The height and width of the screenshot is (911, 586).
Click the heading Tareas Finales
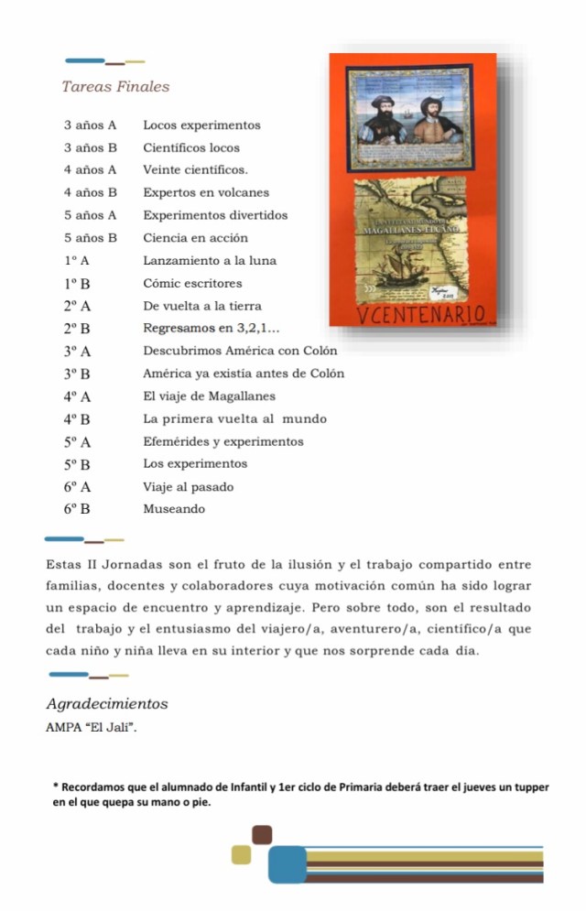click(115, 87)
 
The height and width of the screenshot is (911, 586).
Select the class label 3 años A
click(91, 125)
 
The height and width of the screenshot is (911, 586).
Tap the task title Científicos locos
click(191, 147)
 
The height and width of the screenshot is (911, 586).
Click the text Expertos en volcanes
click(206, 192)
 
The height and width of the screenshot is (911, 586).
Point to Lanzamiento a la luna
click(210, 261)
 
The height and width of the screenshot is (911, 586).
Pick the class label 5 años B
click(91, 238)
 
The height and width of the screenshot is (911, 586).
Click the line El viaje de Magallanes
click(210, 396)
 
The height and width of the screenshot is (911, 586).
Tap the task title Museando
click(174, 509)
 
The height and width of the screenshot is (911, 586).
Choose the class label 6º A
click(77, 487)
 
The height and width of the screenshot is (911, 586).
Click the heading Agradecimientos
click(107, 705)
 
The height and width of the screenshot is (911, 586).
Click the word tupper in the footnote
click(531, 787)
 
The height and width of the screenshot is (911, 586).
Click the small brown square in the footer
click(263, 834)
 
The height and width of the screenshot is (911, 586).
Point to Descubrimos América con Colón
click(241, 351)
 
